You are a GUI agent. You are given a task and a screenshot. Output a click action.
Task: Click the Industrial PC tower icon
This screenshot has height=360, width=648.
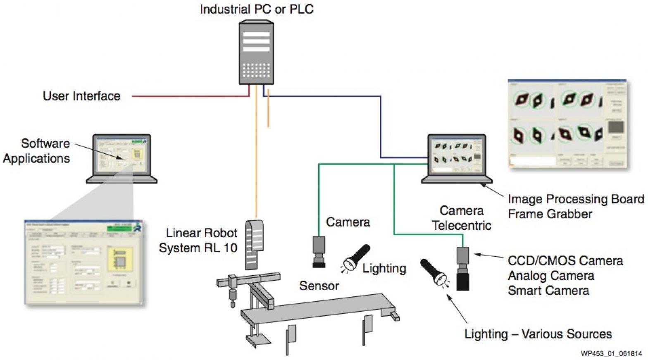click(x=256, y=52)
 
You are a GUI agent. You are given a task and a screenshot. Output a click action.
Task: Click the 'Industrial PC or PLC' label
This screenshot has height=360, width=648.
click(x=256, y=9)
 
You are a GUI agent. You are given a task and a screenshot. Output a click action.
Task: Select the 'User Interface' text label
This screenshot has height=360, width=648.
click(x=81, y=96)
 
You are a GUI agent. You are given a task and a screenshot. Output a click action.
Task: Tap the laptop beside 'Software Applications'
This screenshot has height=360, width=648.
click(x=121, y=158)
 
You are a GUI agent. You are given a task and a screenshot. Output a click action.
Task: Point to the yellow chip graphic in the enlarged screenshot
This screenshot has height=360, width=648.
click(x=120, y=259)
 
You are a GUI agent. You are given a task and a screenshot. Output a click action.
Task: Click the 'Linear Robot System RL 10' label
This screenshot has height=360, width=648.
click(x=198, y=240)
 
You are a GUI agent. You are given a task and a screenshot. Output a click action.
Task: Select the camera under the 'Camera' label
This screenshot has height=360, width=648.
click(x=319, y=251)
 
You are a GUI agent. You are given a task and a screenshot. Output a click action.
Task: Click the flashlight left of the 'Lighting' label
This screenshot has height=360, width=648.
click(x=355, y=258)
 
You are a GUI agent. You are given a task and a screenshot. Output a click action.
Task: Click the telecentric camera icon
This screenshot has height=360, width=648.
click(x=462, y=269)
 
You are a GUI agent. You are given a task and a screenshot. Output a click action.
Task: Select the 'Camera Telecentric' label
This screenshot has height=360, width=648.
click(x=462, y=218)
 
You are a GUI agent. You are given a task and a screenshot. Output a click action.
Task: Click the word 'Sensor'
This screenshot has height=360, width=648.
click(x=319, y=286)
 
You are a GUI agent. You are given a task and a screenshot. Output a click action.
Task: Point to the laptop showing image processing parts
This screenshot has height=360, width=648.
click(x=457, y=158)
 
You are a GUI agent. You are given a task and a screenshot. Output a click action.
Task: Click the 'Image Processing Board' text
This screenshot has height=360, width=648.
click(x=576, y=199)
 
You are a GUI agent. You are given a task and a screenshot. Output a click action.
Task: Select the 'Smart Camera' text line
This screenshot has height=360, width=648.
click(x=548, y=291)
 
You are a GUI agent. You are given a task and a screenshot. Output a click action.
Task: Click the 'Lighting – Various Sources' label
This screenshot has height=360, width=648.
click(x=538, y=334)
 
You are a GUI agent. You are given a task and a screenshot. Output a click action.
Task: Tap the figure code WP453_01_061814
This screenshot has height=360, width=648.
click(x=611, y=353)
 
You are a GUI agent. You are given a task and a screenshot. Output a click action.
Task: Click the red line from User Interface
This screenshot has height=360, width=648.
click(x=190, y=96)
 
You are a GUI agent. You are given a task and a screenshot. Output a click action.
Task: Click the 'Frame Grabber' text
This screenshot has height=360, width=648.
click(x=550, y=214)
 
